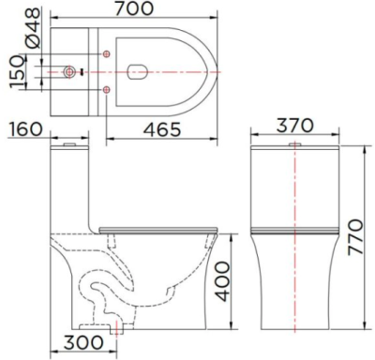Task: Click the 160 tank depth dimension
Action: tap(26, 129)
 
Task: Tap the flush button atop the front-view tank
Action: tap(295, 146)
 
